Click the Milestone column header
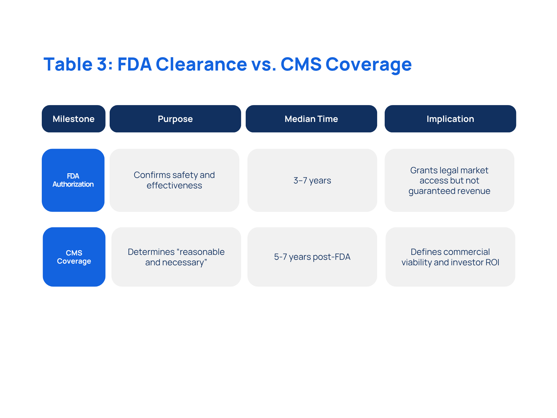point(73,119)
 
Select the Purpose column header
point(175,119)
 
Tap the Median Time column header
point(311,119)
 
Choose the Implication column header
point(450,119)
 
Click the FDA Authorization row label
point(73,180)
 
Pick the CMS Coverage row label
point(74,257)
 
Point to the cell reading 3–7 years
point(312,180)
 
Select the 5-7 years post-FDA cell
point(312,257)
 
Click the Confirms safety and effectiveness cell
point(174,180)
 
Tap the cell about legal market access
point(449,180)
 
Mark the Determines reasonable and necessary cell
point(176,257)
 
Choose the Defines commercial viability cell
point(450,257)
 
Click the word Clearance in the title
point(201,64)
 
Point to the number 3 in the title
point(102,64)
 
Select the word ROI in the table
point(492,262)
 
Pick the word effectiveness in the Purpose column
point(174,185)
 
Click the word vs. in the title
point(264,64)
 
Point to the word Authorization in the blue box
point(73,184)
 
